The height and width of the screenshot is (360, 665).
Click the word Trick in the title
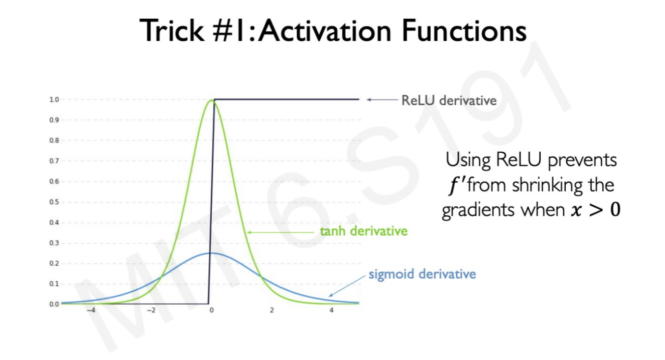(172, 30)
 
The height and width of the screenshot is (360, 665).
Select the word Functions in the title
(464, 30)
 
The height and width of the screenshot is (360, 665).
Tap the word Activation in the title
(325, 30)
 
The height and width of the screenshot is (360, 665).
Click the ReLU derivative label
(449, 100)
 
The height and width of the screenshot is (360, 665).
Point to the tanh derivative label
(363, 231)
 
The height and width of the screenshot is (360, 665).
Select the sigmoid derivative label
(422, 274)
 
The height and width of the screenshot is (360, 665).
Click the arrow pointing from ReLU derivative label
(382, 100)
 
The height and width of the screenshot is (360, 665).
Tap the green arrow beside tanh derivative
(280, 232)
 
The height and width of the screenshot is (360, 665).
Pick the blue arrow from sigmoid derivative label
(347, 286)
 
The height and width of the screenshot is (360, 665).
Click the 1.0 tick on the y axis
(55, 99)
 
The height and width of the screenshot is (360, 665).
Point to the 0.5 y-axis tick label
(55, 202)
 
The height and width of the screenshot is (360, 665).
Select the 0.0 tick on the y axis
(55, 304)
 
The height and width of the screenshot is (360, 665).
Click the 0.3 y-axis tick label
(55, 243)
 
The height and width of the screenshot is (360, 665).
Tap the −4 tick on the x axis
(91, 310)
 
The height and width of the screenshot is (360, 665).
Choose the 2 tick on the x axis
(272, 310)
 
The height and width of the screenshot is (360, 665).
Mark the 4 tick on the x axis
(332, 310)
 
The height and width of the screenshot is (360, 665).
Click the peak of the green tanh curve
(211, 100)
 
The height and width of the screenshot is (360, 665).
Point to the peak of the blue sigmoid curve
(211, 253)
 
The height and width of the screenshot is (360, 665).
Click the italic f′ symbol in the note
(457, 186)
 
